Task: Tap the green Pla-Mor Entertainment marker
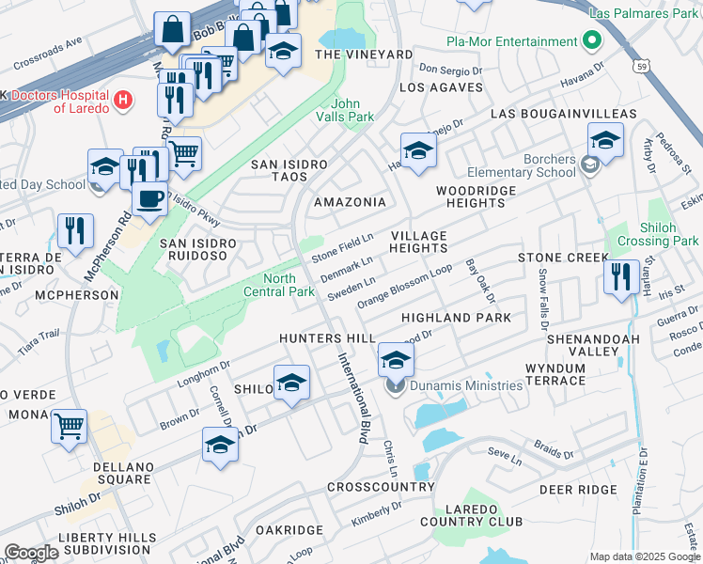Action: [x=590, y=42]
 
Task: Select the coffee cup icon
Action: [x=149, y=198]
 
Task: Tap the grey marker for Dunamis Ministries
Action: [x=396, y=385]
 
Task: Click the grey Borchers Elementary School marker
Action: [x=589, y=166]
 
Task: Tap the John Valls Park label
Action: [x=352, y=110]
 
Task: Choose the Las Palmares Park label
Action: [x=644, y=14]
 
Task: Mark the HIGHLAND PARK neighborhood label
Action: [x=456, y=318]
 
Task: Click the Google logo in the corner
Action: [x=31, y=553]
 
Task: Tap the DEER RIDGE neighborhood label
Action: [x=577, y=490]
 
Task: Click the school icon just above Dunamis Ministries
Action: [x=396, y=358]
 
